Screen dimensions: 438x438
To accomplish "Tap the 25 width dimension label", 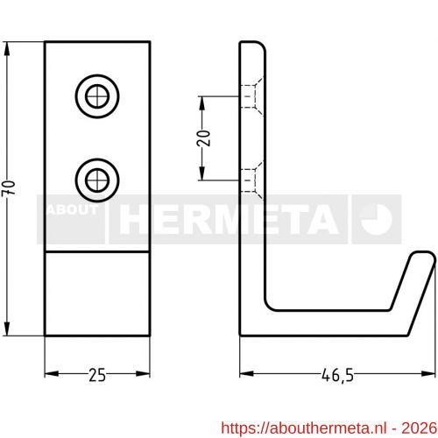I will pyautogui.click(x=97, y=376).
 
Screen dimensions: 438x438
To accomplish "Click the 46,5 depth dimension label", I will pyautogui.click(x=336, y=376).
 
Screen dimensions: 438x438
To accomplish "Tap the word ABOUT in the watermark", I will pyautogui.click(x=72, y=211).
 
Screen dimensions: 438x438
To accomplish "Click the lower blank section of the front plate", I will pyautogui.click(x=97, y=293).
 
